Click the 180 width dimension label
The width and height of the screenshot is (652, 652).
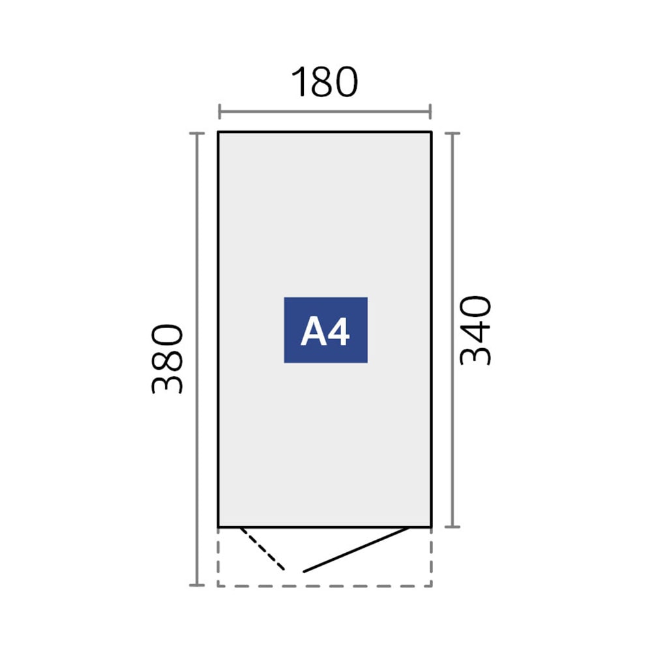coord(324,82)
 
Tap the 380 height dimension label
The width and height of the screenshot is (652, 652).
coord(167,359)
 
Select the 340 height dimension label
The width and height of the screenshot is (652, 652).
coord(475,330)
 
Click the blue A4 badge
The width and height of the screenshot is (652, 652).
coord(325,330)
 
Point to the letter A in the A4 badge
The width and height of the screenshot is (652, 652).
coord(313,331)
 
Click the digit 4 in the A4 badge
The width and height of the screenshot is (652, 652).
coord(338,331)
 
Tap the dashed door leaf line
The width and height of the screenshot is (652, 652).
coord(262,548)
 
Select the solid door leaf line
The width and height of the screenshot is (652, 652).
coord(356,550)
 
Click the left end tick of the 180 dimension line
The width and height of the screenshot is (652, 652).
coord(220,111)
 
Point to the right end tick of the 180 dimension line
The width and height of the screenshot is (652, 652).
coord(430,111)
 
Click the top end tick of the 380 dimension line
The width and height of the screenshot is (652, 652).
coord(197,134)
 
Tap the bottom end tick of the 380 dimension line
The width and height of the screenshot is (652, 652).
coord(197,585)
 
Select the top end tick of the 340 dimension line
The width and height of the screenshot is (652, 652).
coord(452,134)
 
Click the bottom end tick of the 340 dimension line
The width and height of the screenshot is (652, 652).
coord(452,526)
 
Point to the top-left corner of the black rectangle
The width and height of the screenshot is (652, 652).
coord(218,132)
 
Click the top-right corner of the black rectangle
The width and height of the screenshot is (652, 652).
coord(431,132)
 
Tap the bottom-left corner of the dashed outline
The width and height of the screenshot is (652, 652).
coord(218,586)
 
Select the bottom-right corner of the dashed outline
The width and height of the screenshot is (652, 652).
coord(431,586)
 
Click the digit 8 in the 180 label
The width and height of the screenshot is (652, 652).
coord(323,82)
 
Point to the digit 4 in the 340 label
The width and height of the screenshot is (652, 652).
coord(476,330)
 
